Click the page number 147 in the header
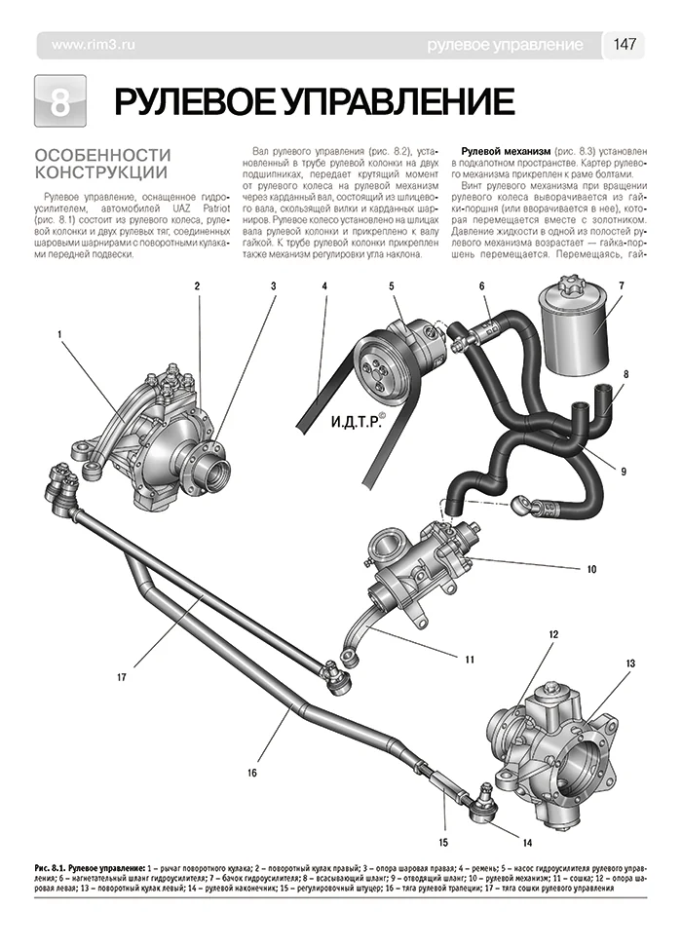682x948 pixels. click(625, 45)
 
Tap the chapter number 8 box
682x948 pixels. click(59, 102)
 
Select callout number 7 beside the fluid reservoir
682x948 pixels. click(620, 285)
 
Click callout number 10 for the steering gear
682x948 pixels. click(591, 568)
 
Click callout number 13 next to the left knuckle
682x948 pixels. click(630, 664)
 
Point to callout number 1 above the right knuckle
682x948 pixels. click(58, 335)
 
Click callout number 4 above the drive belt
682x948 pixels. click(323, 286)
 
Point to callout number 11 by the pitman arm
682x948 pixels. click(469, 659)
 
